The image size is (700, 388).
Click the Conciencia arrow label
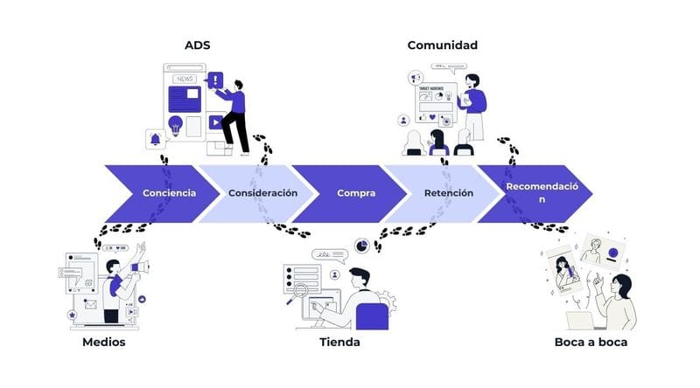point(169,193)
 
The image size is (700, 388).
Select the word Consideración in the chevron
point(262,193)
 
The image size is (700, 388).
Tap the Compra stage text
point(356,193)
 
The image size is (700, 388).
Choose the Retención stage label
point(449,193)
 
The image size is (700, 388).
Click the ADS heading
point(197,45)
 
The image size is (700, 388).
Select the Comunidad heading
point(442,45)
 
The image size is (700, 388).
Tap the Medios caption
point(103,343)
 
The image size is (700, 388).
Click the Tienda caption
point(339,343)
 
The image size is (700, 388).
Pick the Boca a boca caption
point(591,343)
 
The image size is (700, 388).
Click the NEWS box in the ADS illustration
point(185,79)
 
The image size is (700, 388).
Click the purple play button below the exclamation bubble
point(215,122)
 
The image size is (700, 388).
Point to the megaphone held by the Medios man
point(138,267)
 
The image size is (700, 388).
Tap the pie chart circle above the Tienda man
point(362,246)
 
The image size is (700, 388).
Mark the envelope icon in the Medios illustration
point(89,304)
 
